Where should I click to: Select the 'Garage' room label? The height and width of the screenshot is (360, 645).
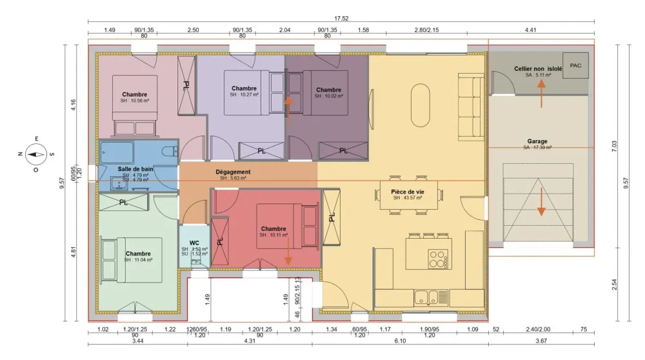[537, 142]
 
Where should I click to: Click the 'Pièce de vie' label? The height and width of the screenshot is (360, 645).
[407, 192]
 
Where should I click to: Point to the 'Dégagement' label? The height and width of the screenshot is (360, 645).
[233, 172]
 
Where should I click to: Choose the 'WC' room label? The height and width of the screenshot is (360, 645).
[194, 243]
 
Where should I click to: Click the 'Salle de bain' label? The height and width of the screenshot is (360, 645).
[135, 169]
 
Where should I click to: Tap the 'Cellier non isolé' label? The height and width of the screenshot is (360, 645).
[538, 68]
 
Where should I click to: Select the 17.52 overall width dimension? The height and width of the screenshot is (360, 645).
[341, 19]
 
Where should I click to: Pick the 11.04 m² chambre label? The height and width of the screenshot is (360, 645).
[139, 254]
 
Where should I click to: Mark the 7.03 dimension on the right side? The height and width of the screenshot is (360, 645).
[614, 146]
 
